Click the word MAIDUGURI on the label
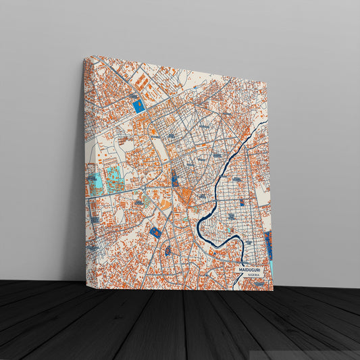(249, 270)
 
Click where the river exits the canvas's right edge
(267, 122)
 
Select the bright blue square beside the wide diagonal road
(139, 106)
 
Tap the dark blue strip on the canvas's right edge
(269, 245)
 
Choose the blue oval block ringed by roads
(167, 251)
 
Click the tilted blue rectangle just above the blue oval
(155, 232)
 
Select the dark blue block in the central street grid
(174, 180)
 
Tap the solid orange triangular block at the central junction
(184, 197)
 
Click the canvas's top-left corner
(84, 58)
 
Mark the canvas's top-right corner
(267, 86)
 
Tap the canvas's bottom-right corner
(274, 290)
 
